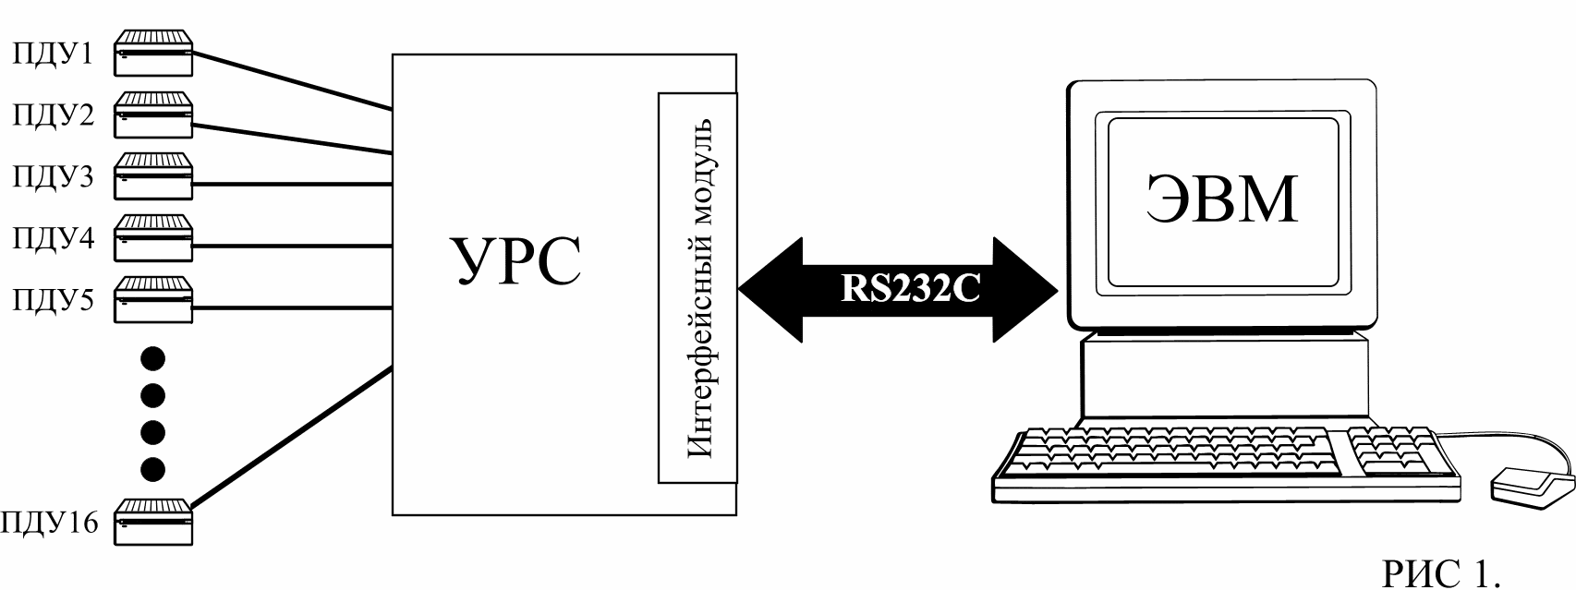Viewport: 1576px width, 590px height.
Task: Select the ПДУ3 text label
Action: (53, 176)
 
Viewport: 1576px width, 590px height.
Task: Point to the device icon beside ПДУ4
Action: (153, 238)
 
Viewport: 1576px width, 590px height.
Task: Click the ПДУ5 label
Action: (53, 299)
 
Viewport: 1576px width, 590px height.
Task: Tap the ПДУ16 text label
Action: (51, 523)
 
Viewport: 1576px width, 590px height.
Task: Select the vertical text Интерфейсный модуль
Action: (699, 287)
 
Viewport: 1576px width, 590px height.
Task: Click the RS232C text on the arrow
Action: (897, 290)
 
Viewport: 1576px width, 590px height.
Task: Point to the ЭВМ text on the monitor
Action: (1222, 199)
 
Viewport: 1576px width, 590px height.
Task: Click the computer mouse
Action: (1530, 487)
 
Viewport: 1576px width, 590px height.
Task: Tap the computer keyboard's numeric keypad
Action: (1396, 451)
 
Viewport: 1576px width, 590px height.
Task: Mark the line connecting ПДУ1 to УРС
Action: (291, 81)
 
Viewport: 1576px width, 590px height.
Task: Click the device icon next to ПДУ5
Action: (153, 299)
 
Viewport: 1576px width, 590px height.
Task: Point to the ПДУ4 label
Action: (53, 238)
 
